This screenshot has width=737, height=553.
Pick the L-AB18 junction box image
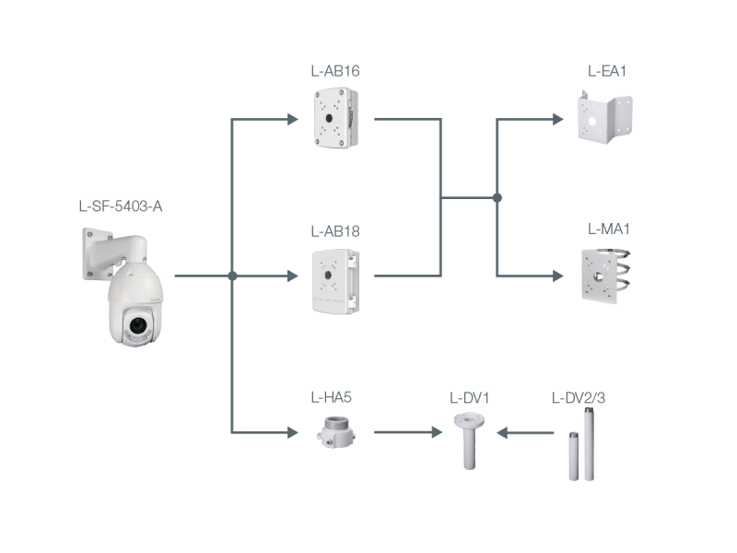(x=340, y=277)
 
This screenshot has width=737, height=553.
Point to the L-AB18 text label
(x=334, y=230)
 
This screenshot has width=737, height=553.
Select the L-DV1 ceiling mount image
(x=468, y=440)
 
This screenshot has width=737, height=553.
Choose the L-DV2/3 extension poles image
(x=579, y=452)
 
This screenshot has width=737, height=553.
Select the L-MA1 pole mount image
(x=604, y=274)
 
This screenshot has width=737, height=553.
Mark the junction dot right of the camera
(x=232, y=275)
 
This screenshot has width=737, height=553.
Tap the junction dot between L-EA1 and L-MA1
(x=497, y=197)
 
